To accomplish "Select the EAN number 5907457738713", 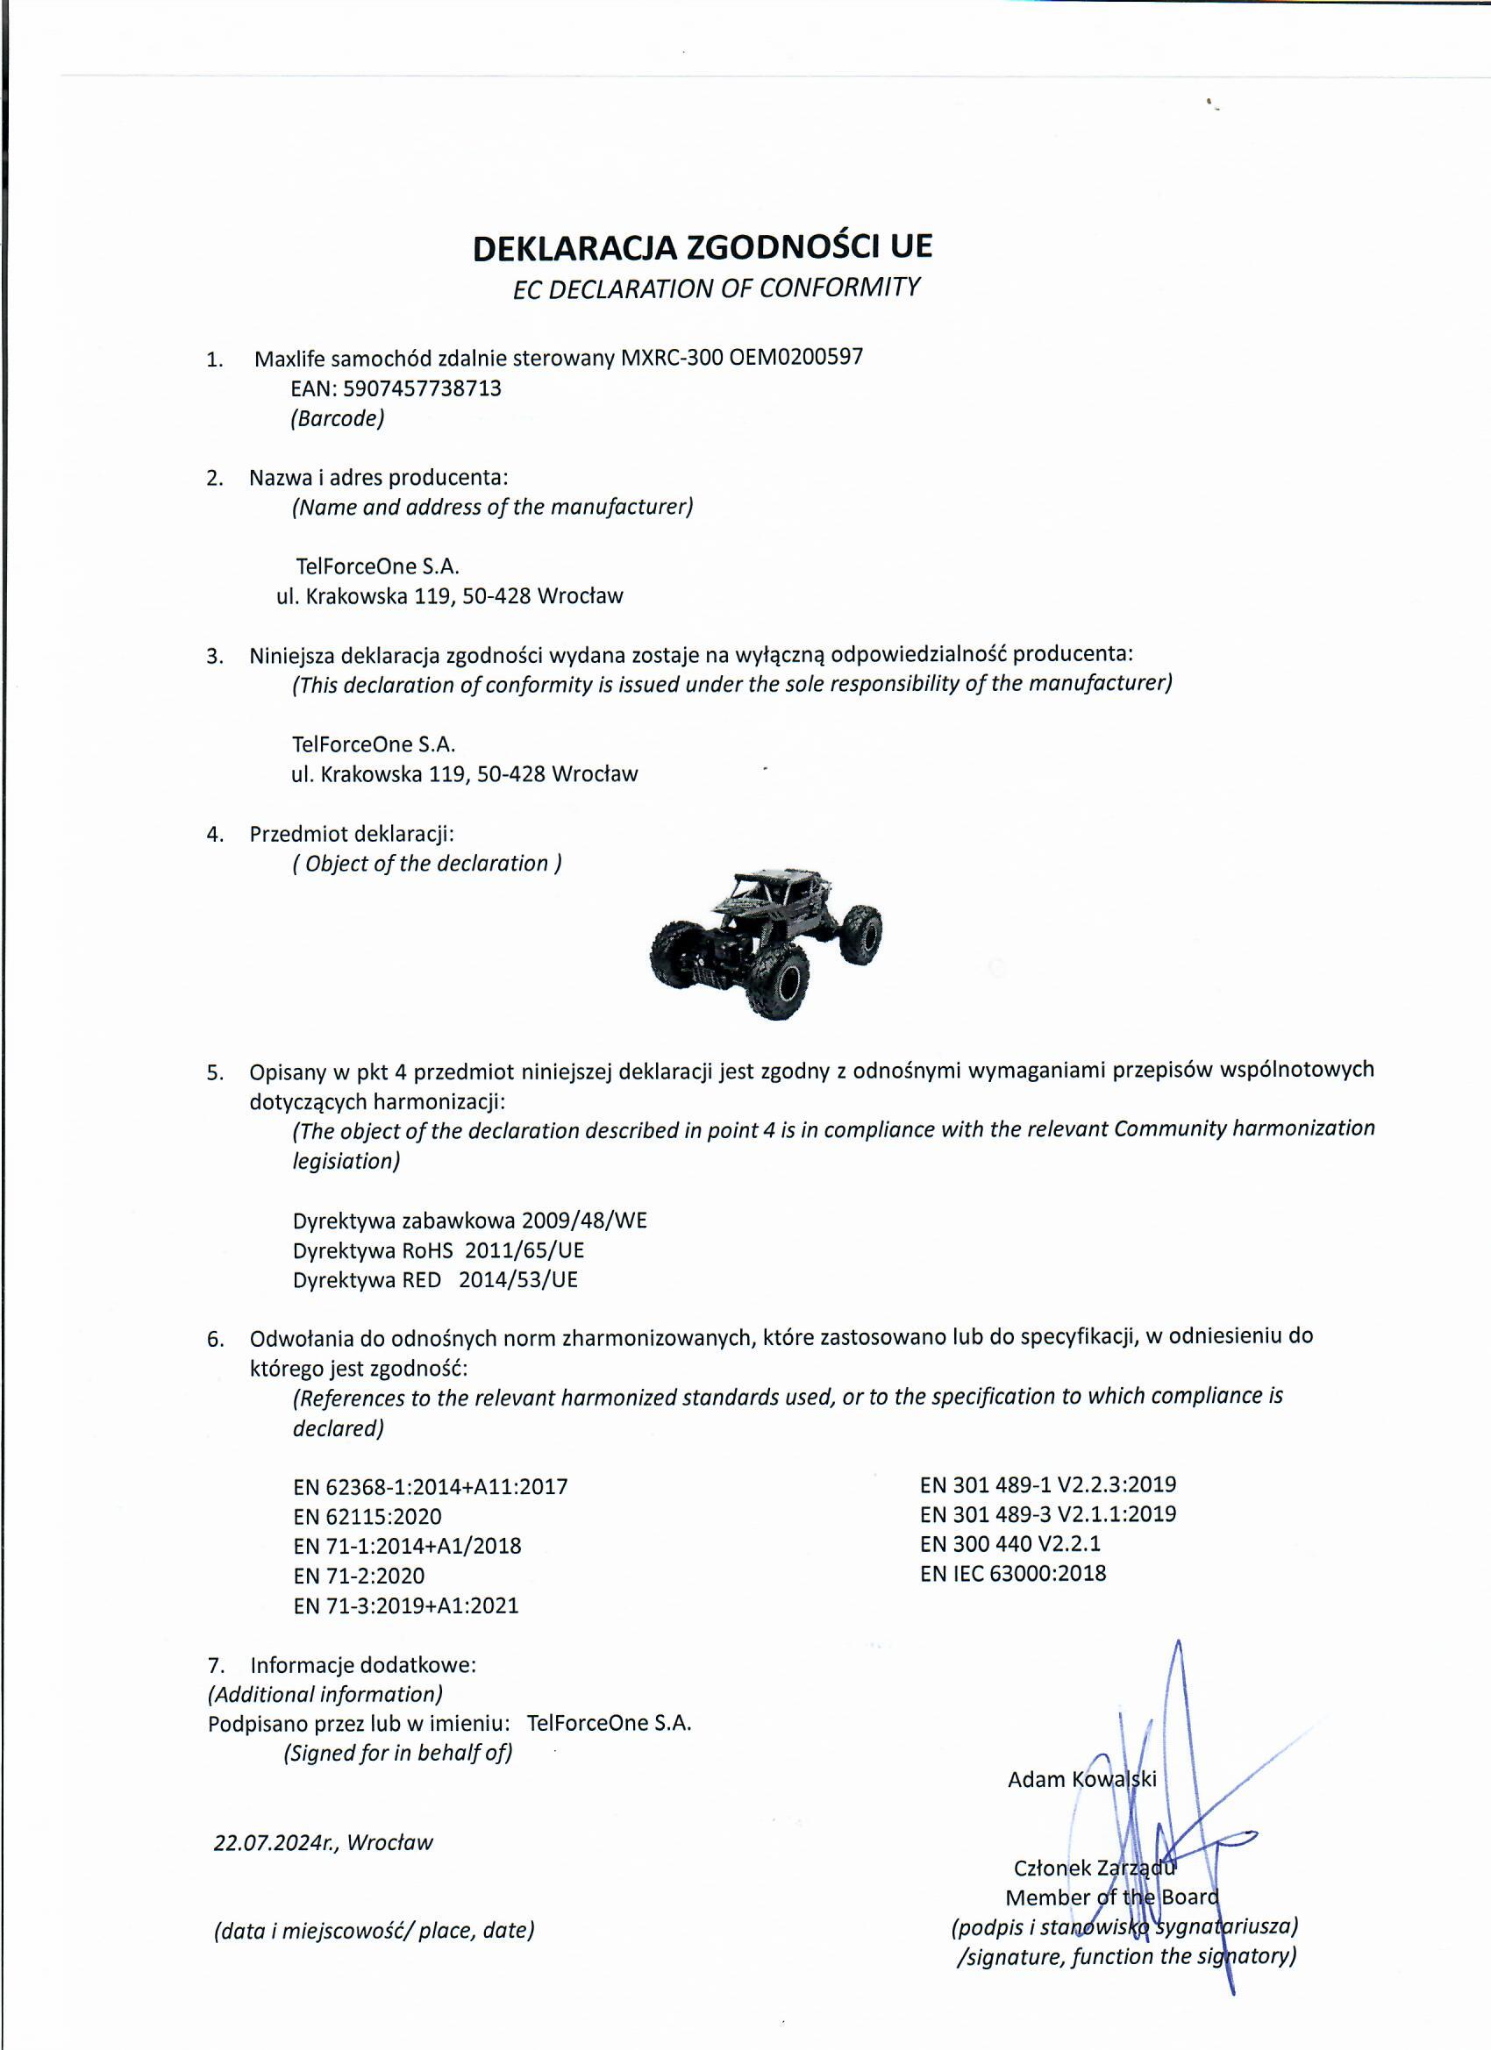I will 422,388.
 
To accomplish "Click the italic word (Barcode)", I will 338,418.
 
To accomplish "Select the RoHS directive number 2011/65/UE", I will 524,1250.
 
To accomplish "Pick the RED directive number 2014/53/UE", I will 518,1280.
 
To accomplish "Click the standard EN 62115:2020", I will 367,1517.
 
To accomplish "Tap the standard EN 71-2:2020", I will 358,1577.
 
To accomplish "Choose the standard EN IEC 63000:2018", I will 1013,1574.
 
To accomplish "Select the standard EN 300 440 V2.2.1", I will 1010,1544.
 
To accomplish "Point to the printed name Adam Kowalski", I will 1081,1780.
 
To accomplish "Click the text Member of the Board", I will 1112,1897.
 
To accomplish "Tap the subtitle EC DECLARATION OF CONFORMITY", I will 716,288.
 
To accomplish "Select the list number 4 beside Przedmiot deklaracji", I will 214,834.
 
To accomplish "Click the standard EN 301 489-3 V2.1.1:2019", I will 1048,1514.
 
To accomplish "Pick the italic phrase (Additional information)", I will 325,1694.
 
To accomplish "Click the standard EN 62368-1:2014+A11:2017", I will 431,1487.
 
